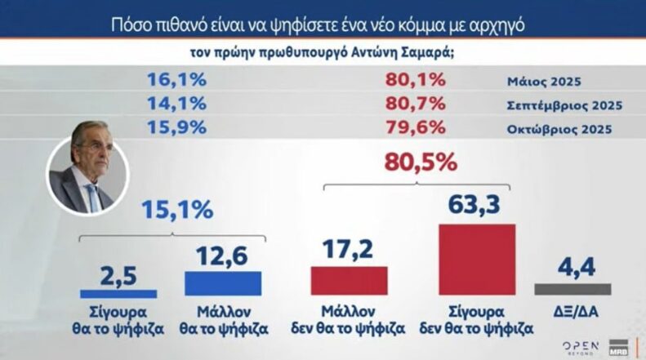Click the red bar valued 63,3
[x=477, y=259]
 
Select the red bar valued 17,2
[x=349, y=280]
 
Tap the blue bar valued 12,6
[x=223, y=282]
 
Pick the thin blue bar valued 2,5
[x=119, y=292]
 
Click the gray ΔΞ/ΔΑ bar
[x=572, y=289]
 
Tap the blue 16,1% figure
[x=176, y=81]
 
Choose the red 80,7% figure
[x=415, y=104]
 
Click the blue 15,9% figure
[x=176, y=127]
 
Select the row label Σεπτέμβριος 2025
[x=564, y=105]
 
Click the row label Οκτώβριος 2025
[x=559, y=129]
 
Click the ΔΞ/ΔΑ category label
[x=572, y=313]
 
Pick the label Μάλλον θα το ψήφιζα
[x=223, y=321]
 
